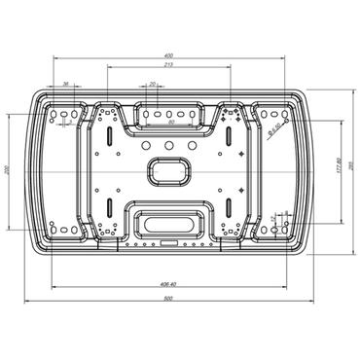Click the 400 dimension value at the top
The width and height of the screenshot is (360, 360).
(169, 55)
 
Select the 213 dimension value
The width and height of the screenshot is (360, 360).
(169, 65)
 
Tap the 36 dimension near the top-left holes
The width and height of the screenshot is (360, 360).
(64, 85)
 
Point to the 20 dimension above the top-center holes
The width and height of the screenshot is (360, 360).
(153, 85)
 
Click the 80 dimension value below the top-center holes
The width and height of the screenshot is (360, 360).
(171, 124)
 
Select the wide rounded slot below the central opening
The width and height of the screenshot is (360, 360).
(170, 220)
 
